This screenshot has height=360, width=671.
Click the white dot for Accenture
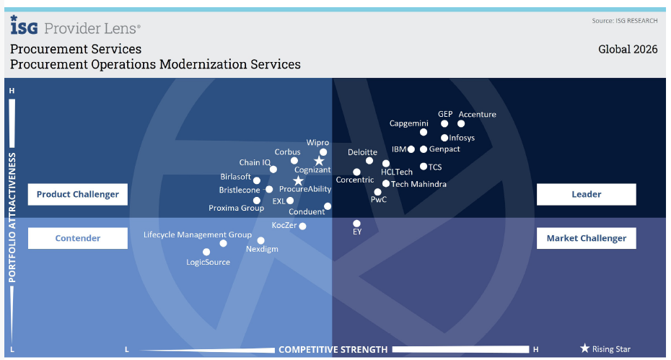click(x=461, y=123)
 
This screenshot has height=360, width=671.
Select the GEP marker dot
click(x=444, y=123)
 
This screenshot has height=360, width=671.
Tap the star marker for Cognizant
click(x=319, y=162)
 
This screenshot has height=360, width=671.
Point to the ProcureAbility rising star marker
click(x=298, y=180)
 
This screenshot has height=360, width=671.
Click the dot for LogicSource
click(x=206, y=252)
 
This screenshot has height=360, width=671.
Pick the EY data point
click(x=356, y=224)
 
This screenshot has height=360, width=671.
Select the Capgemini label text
click(x=408, y=123)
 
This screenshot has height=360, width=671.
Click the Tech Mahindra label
click(x=418, y=184)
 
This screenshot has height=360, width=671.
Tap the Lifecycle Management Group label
click(x=197, y=234)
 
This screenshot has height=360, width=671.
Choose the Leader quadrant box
click(x=586, y=194)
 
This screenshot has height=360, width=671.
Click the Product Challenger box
click(x=78, y=194)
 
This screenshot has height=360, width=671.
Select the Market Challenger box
click(x=586, y=238)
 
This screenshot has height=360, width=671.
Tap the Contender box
click(x=78, y=238)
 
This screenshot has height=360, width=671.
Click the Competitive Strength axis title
click(x=333, y=350)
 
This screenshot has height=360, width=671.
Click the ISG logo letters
click(x=24, y=27)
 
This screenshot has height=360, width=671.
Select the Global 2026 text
click(x=628, y=50)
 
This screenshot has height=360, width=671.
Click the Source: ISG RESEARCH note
click(x=625, y=21)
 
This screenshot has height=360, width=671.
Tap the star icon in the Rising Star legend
click(x=584, y=348)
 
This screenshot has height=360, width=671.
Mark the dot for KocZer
click(x=302, y=226)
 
